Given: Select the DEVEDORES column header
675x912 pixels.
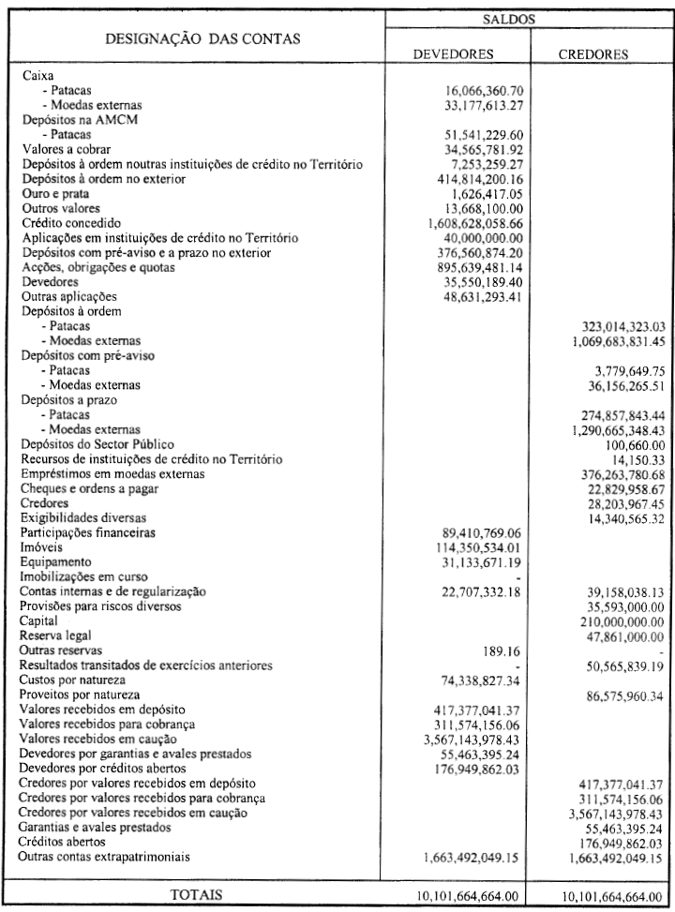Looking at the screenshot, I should [x=454, y=54].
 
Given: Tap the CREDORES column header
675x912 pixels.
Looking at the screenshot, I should [x=593, y=54].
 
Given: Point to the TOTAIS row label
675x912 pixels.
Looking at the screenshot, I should [x=195, y=894].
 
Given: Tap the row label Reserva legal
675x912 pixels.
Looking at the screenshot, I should [x=57, y=635].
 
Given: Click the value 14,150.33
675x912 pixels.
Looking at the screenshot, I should [x=631, y=459].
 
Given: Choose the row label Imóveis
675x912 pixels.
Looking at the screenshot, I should [x=42, y=547].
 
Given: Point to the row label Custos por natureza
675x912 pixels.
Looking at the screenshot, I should [x=76, y=680].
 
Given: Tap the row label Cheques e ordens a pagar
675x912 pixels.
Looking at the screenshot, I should [x=90, y=488].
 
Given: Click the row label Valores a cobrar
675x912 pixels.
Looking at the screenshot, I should [x=63, y=149].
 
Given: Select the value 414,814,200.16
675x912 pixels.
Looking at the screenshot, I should [x=472, y=179].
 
